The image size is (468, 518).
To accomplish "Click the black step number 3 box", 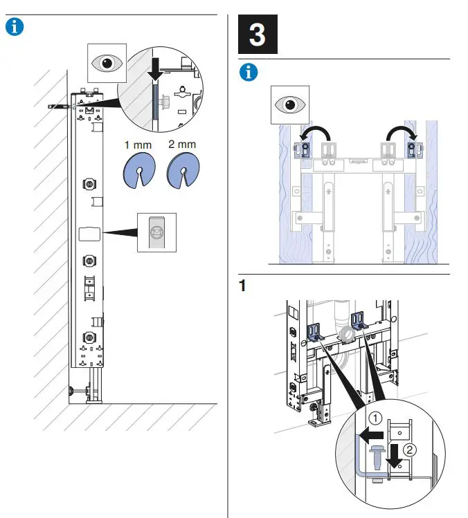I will [258, 35].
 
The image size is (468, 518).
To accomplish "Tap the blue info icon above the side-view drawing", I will [15, 27].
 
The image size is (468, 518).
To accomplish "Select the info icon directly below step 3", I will [247, 73].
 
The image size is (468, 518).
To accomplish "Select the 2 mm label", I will [181, 145].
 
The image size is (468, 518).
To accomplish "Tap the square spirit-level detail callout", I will [157, 232].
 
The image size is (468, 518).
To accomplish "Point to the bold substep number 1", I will [242, 286].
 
